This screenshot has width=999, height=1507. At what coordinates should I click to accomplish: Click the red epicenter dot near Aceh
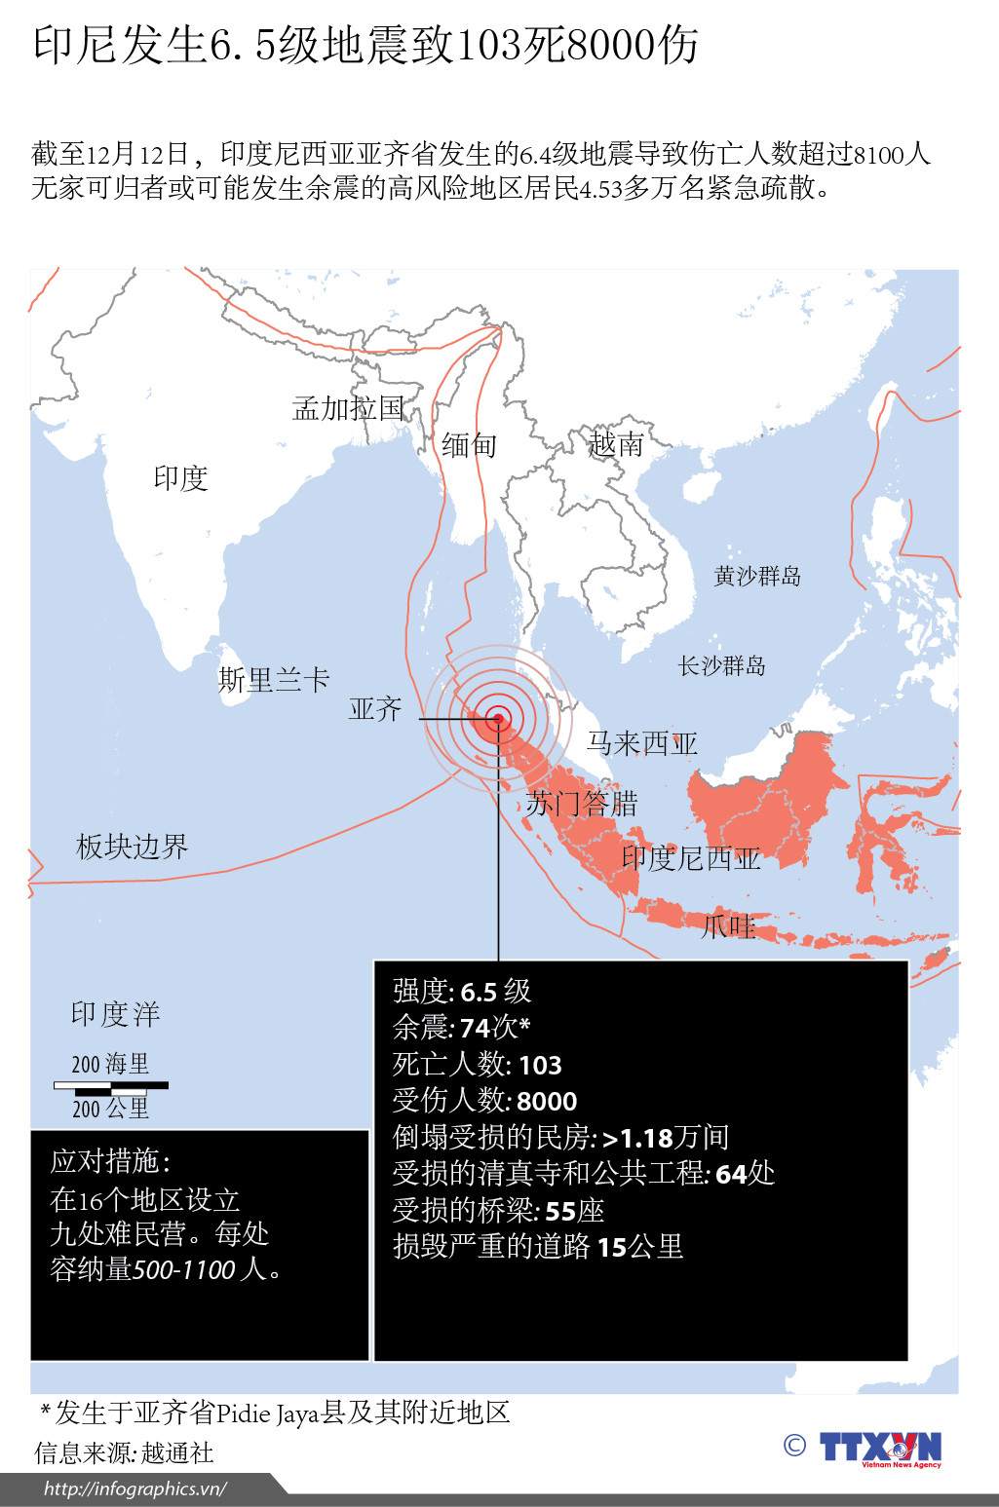tap(498, 720)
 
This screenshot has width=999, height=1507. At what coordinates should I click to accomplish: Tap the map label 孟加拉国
tap(348, 408)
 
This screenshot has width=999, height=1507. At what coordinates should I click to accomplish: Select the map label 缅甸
tap(470, 445)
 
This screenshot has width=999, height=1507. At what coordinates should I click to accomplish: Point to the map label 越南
tap(616, 445)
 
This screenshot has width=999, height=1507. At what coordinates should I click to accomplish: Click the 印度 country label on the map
tap(181, 478)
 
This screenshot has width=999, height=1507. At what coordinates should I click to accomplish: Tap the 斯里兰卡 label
tap(274, 680)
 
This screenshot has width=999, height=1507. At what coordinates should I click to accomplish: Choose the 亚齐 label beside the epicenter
tap(375, 709)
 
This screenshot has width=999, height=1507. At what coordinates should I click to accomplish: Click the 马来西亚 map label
tap(642, 744)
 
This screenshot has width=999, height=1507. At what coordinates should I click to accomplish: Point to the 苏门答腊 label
tap(582, 804)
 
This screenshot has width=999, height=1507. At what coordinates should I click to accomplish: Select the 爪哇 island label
tap(729, 926)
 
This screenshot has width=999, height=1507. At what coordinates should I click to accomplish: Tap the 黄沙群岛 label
tap(757, 577)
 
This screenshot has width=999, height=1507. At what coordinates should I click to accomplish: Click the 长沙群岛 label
tap(722, 666)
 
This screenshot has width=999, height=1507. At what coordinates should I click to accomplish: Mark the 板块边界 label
tap(132, 847)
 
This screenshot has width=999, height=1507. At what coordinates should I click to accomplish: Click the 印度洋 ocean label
tap(115, 1014)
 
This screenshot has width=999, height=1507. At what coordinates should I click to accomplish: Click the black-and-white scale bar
tap(111, 1085)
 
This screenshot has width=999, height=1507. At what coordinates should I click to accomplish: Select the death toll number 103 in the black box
tap(540, 1066)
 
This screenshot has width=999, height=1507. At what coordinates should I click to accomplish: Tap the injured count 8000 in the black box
tap(547, 1102)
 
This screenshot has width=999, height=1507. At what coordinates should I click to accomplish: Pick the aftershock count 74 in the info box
tap(475, 1029)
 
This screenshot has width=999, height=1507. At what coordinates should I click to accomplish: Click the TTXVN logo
tap(880, 1449)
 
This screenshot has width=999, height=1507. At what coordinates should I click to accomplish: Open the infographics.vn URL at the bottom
tap(135, 1488)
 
